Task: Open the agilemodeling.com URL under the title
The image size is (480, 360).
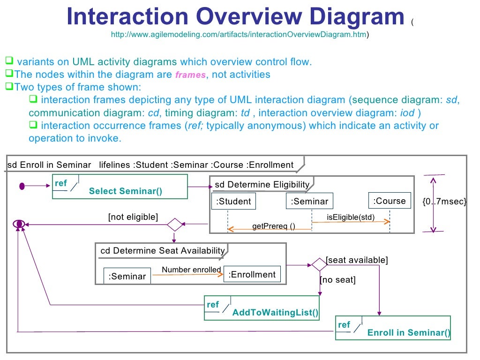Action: (x=239, y=35)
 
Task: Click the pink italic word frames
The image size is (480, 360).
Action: (x=190, y=75)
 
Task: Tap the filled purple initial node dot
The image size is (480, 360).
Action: (x=22, y=187)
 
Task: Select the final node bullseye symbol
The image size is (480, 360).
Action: (x=19, y=224)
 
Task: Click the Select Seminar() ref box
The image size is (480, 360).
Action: (x=120, y=187)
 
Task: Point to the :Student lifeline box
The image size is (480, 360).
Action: (x=233, y=202)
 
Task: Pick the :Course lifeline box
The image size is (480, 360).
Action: (x=389, y=201)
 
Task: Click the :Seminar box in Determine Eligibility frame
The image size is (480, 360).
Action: (x=309, y=202)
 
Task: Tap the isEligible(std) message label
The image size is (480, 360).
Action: (x=351, y=217)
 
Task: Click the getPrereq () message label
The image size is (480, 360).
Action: (x=274, y=226)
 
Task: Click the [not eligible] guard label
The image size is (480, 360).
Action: (x=133, y=217)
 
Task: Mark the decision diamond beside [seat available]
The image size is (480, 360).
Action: (x=319, y=264)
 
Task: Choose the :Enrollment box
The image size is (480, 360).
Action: (x=252, y=275)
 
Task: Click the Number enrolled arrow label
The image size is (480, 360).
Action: (x=191, y=270)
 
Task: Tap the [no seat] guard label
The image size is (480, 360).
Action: (x=337, y=280)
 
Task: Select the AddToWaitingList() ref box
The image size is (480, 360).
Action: (x=262, y=308)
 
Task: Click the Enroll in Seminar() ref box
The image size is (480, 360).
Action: (x=393, y=328)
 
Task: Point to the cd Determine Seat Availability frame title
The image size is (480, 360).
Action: (x=163, y=251)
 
